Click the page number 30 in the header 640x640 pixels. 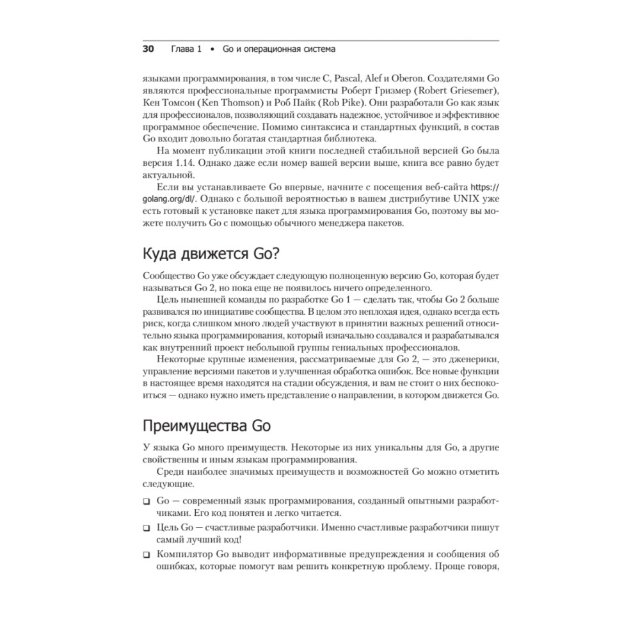(148, 49)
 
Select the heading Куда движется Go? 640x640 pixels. (210, 253)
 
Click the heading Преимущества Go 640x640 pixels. (202, 426)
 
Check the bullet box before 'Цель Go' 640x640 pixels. (147, 528)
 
